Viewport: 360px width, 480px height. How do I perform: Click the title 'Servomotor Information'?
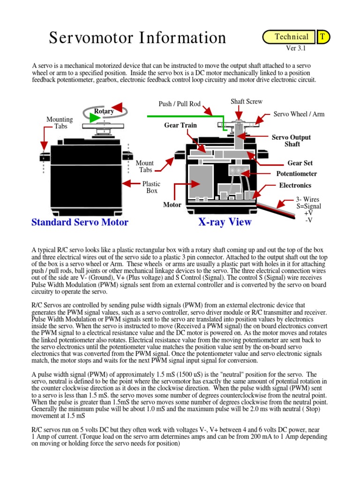(137, 38)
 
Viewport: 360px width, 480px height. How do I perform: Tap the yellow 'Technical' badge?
(291, 37)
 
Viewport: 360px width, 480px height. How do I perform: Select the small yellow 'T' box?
(323, 37)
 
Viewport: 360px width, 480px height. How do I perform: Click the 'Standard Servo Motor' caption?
(80, 222)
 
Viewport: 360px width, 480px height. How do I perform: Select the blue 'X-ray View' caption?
(225, 222)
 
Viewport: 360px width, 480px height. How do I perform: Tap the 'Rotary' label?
(104, 111)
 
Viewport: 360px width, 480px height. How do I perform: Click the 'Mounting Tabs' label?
(60, 123)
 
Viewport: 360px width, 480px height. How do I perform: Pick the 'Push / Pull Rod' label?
(180, 104)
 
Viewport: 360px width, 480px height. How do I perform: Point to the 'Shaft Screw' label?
(247, 102)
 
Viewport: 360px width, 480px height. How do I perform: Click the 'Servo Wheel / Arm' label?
(299, 114)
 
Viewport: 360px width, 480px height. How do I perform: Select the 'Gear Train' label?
(180, 125)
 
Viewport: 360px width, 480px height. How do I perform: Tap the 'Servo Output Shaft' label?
(292, 141)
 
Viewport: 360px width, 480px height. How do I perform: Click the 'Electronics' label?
(295, 185)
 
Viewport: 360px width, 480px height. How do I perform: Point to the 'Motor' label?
(172, 205)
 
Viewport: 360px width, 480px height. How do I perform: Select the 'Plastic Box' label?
(151, 187)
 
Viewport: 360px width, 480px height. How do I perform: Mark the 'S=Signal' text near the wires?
(309, 206)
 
